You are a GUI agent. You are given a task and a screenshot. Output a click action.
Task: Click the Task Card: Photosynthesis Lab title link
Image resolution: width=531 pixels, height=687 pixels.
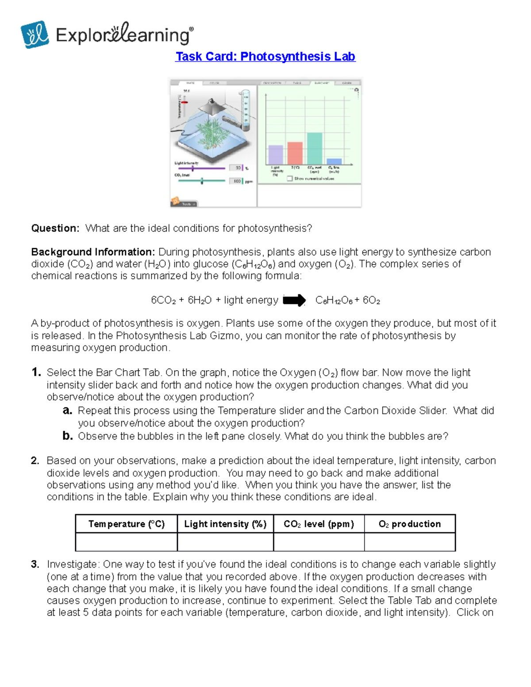[265, 57]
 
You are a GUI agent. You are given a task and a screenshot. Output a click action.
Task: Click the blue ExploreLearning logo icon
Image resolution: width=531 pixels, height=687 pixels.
[35, 35]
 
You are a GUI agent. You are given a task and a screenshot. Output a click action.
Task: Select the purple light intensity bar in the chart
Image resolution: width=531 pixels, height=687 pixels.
[276, 155]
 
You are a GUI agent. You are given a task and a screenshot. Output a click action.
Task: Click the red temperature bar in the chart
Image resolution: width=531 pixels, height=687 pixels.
[295, 153]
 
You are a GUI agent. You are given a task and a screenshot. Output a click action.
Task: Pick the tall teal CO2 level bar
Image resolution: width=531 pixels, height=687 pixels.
[315, 149]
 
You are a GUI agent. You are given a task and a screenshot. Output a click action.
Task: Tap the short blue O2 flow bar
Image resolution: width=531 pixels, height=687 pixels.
[334, 161]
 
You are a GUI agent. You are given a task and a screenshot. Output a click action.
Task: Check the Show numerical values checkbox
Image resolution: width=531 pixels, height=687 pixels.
[290, 179]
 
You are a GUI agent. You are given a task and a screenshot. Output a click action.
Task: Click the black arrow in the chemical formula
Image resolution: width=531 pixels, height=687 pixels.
[294, 300]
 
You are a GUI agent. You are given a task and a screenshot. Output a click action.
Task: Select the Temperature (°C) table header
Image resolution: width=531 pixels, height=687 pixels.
[127, 524]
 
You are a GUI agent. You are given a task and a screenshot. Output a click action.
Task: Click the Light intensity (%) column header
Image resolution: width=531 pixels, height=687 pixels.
[225, 524]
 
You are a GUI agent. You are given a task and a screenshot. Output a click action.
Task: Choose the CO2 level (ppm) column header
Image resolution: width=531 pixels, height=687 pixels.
[319, 524]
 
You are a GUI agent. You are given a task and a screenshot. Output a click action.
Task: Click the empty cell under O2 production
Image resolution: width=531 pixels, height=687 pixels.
[410, 542]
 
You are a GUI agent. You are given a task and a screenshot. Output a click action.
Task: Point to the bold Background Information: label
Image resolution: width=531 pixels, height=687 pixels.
[93, 252]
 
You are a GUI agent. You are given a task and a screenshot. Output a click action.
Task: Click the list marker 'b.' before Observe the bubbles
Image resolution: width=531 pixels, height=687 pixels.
[67, 436]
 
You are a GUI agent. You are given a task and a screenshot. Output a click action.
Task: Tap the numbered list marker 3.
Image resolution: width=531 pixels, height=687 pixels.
[35, 564]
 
